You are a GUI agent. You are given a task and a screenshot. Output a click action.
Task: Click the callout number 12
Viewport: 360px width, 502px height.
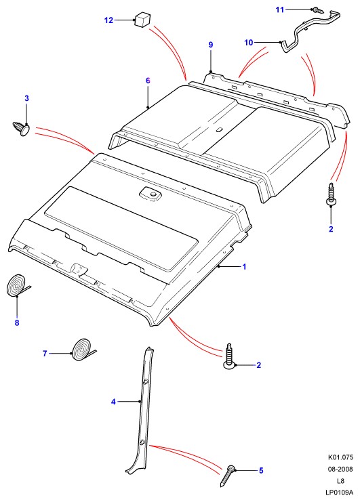[x=108, y=20]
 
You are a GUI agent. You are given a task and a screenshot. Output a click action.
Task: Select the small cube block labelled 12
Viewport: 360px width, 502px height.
[x=141, y=19]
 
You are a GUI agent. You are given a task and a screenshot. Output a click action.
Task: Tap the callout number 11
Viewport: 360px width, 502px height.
[x=280, y=9]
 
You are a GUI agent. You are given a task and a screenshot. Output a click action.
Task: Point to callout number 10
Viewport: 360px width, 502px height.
[x=249, y=42]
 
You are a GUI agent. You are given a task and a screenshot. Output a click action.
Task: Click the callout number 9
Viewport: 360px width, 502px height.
[x=211, y=45]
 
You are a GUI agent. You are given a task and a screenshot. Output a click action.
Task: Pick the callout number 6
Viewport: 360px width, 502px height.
[x=148, y=81]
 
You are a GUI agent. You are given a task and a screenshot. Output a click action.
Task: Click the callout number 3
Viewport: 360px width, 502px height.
[x=26, y=98]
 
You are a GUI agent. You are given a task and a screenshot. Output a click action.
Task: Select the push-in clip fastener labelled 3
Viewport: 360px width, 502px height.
[x=21, y=129]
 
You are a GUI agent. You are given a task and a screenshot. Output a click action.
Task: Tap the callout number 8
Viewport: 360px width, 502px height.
[x=17, y=322]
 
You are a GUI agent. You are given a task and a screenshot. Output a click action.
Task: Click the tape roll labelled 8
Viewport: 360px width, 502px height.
[x=17, y=286]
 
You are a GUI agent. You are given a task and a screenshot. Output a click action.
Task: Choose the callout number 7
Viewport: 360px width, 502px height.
[x=45, y=353]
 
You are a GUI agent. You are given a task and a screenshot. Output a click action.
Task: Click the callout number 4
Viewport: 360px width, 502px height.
[x=113, y=401]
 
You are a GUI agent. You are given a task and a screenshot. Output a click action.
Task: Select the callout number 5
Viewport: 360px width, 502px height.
[x=261, y=470]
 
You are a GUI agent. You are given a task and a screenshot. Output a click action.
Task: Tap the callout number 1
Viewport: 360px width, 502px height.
[x=244, y=266]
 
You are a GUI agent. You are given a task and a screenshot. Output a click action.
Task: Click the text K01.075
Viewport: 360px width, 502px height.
[x=340, y=457]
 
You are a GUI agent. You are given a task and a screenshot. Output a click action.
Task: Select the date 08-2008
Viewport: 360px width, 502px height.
[x=340, y=469]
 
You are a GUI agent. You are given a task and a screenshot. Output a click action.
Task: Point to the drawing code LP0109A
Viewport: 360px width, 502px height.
[x=339, y=492]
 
